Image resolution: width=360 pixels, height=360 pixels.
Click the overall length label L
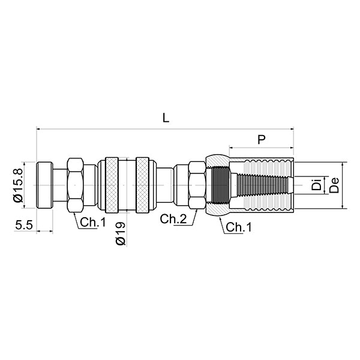pyautogui.click(x=166, y=118)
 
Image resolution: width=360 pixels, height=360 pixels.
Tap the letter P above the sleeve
pyautogui.click(x=261, y=139)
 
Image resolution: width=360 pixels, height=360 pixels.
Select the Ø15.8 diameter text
pyautogui.click(x=18, y=185)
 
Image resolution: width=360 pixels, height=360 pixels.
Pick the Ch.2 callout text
pyautogui.click(x=172, y=219)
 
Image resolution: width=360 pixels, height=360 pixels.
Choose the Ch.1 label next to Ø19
pyautogui.click(x=93, y=222)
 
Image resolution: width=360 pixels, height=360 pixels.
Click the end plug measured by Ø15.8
pyautogui.click(x=44, y=185)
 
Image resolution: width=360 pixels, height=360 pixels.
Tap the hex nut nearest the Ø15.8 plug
pyautogui.click(x=75, y=185)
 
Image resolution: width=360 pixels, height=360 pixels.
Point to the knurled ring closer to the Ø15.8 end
pyautogui.click(x=112, y=185)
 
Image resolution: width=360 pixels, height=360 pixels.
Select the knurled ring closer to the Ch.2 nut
pyautogui.click(x=142, y=185)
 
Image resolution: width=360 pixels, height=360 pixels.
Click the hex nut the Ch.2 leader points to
pyautogui.click(x=197, y=185)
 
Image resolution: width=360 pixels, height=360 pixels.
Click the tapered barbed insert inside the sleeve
pyautogui.click(x=264, y=185)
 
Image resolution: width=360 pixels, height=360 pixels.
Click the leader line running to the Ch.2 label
pyautogui.click(x=191, y=217)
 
